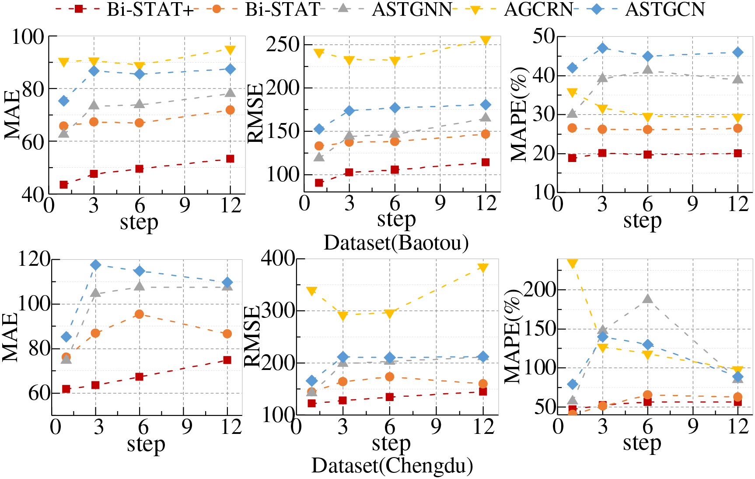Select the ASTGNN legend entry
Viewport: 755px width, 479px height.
(x=411, y=9)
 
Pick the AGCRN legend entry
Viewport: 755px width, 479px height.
(x=538, y=9)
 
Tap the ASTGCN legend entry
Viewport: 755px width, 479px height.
(x=665, y=9)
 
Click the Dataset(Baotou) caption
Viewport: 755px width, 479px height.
(x=396, y=243)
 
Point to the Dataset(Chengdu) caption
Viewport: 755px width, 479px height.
(x=392, y=466)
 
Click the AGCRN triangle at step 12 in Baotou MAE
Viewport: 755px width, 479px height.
(x=230, y=50)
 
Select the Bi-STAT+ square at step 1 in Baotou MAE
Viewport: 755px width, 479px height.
(x=64, y=185)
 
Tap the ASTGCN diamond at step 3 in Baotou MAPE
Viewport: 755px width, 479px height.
(x=603, y=48)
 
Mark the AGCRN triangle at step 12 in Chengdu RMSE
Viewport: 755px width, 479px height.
(x=483, y=268)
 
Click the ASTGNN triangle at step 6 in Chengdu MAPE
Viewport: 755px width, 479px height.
(x=648, y=299)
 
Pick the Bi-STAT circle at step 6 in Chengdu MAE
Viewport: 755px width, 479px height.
(x=140, y=314)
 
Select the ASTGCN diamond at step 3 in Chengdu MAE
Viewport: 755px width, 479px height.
(x=96, y=265)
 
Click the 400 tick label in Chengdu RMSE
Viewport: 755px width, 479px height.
(x=278, y=258)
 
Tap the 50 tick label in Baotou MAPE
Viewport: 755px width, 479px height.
(x=544, y=36)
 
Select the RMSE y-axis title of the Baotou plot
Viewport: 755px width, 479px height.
(x=255, y=113)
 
